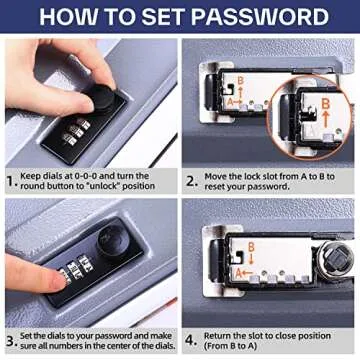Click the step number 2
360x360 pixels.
click(190, 181)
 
